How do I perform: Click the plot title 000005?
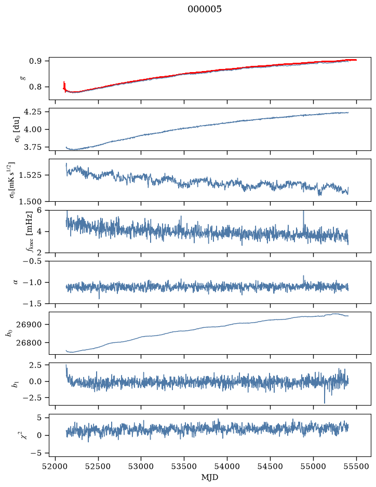pos(204,9)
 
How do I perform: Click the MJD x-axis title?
pos(210,477)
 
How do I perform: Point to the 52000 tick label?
pos(56,466)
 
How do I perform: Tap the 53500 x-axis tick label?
pos(184,466)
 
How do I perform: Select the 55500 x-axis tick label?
pos(356,466)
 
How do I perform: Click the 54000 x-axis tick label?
pos(227,466)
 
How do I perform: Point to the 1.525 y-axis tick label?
pos(30,175)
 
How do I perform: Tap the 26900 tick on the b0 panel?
pos(29,325)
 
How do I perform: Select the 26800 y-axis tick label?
pos(29,343)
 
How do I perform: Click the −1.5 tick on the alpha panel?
pos(32,303)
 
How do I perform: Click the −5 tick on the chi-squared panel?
pos(36,453)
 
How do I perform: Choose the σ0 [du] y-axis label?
pos(16,130)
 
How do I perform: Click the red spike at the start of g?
pos(64,84)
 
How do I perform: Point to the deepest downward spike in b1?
pos(325,401)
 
